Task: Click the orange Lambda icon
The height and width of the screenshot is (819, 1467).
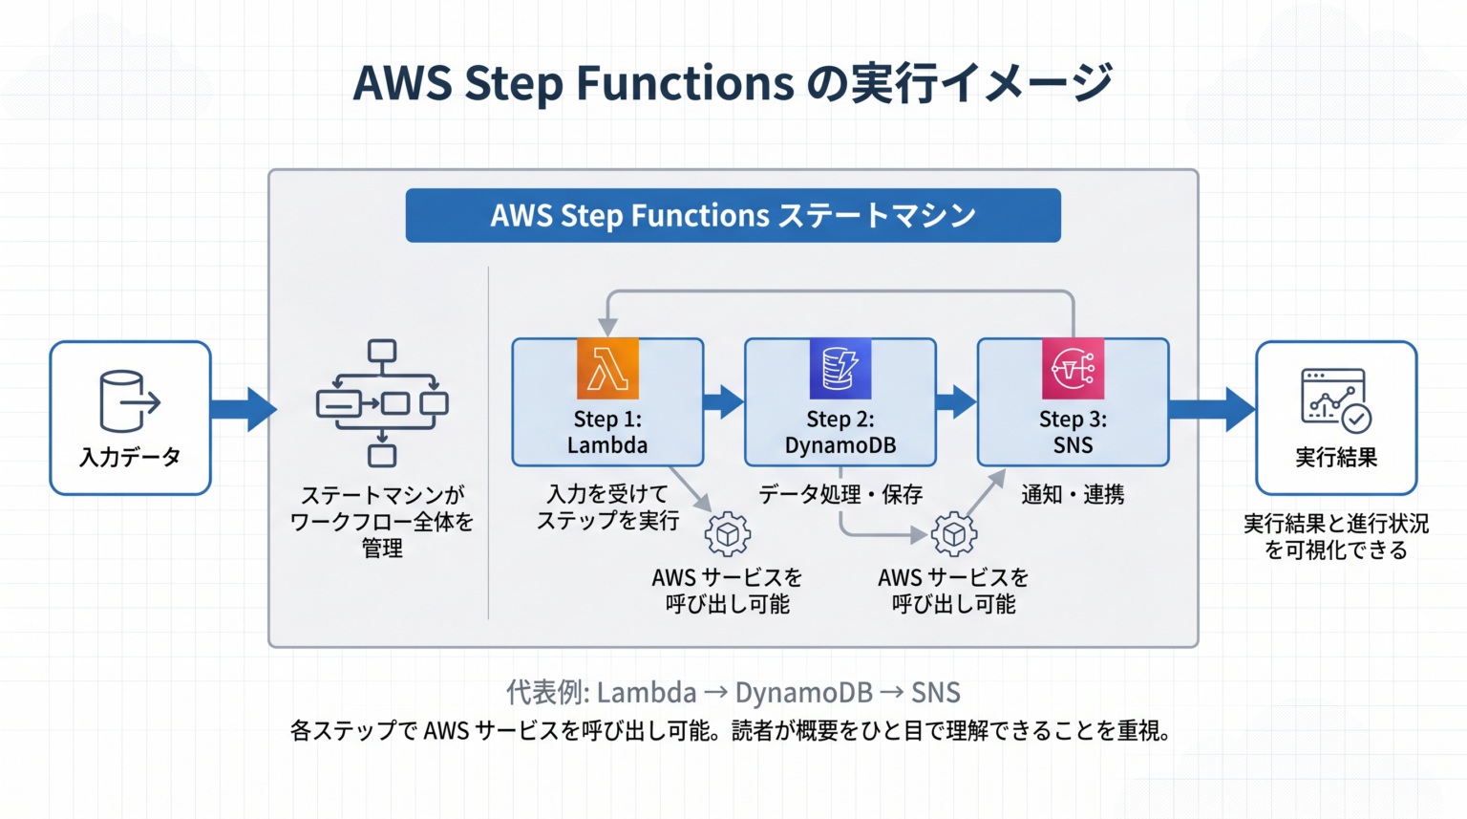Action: [607, 368]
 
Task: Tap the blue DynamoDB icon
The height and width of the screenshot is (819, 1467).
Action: [840, 368]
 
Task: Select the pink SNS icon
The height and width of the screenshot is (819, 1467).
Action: [1073, 368]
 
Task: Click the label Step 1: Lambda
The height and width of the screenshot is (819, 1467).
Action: [607, 432]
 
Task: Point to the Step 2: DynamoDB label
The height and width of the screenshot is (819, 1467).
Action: [840, 432]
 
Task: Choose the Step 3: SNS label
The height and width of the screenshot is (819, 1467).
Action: [1073, 432]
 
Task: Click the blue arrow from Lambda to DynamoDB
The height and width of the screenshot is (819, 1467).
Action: [724, 401]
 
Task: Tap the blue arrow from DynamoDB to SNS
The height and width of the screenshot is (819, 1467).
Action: [956, 401]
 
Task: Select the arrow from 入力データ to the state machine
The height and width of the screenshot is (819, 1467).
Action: [244, 409]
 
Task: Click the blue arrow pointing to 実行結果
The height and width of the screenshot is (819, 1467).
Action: [1212, 409]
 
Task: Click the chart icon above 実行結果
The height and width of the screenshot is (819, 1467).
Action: [1336, 400]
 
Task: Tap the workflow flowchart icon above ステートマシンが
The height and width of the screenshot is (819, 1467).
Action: [382, 403]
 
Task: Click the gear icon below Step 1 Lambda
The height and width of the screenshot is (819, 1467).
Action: [728, 534]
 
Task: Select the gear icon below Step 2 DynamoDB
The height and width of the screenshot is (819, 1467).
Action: [954, 534]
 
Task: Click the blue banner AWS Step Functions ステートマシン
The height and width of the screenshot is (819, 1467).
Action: [733, 216]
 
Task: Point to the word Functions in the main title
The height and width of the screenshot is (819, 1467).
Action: [685, 83]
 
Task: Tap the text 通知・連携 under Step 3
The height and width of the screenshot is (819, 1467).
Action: [1073, 495]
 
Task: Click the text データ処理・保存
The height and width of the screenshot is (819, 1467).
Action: [840, 495]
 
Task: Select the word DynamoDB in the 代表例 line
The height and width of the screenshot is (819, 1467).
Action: [803, 693]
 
